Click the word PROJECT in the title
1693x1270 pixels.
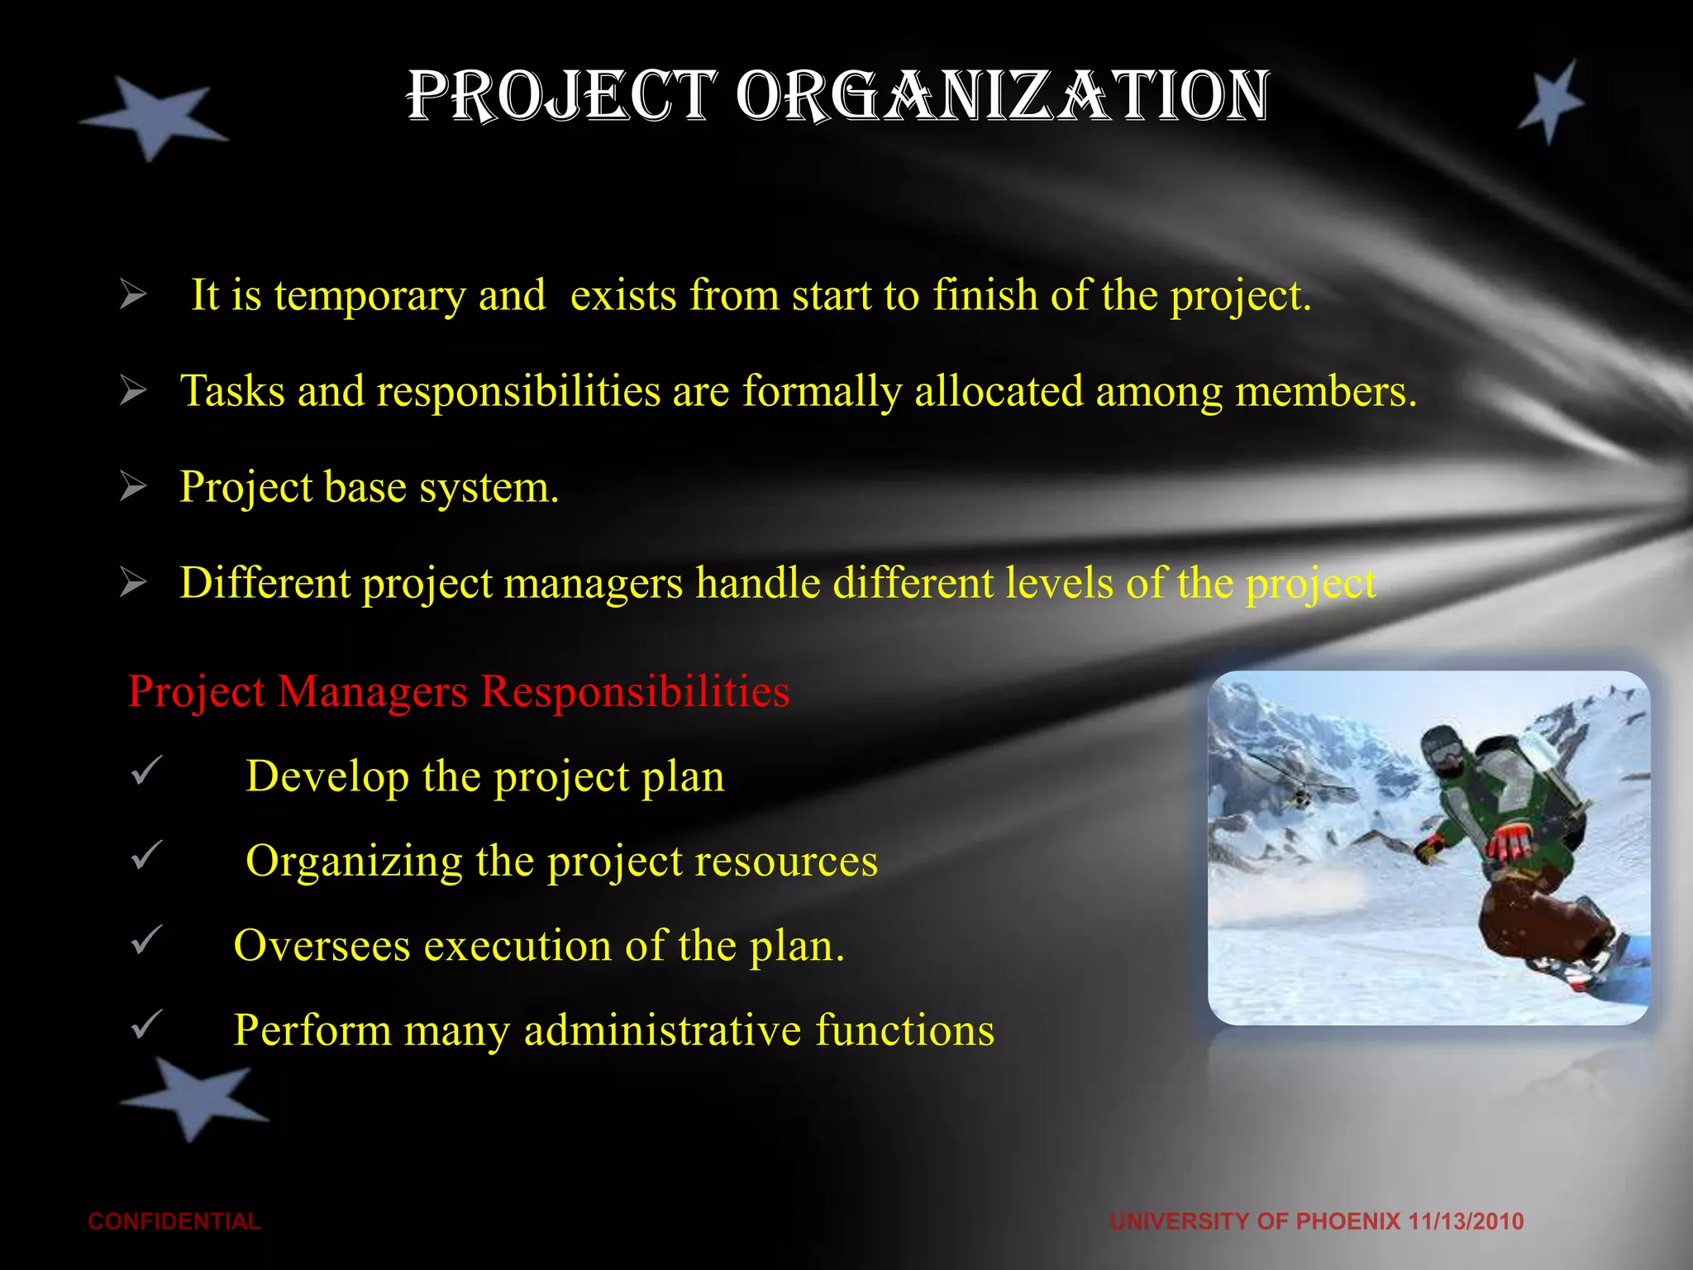561,97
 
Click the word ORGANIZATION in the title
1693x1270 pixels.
1002,97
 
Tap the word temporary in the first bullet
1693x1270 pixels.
370,296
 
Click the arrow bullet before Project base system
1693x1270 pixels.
133,486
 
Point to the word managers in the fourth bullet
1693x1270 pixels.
593,583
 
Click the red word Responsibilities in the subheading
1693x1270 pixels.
635,691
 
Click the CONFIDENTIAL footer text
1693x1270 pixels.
174,1221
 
